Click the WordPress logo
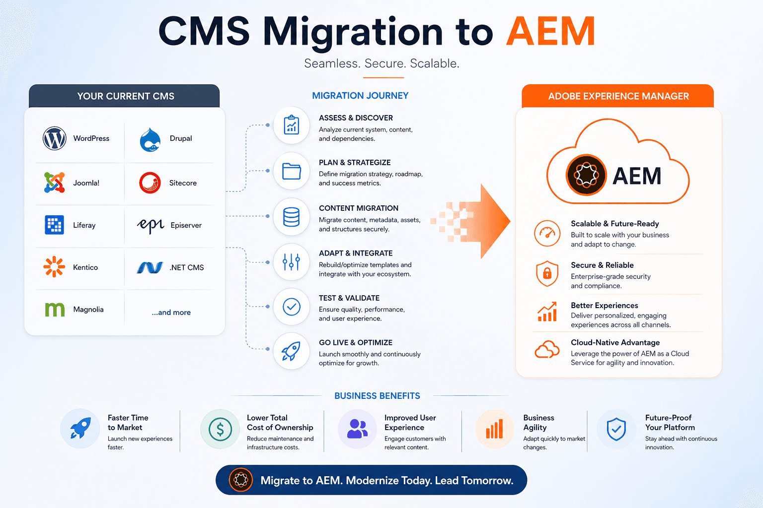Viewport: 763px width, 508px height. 55,138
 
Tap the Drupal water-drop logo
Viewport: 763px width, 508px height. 150,140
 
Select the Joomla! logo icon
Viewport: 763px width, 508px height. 55,183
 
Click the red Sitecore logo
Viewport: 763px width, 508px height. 150,183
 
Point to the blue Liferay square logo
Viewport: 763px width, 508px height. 55,225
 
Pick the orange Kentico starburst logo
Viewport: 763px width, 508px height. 54,267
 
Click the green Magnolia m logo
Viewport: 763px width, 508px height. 55,309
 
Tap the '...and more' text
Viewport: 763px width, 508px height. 171,313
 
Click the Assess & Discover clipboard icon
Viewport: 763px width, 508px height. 291,125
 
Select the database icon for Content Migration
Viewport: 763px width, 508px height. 291,217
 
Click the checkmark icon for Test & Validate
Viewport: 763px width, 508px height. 292,307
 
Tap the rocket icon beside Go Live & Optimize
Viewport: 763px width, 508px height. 291,351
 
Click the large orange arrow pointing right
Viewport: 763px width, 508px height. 477,221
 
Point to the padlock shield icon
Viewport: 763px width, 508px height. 547,273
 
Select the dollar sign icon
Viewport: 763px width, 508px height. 220,429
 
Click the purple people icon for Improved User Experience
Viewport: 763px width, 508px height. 357,429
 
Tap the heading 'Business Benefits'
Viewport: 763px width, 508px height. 377,396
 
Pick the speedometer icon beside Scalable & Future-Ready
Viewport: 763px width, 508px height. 547,233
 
